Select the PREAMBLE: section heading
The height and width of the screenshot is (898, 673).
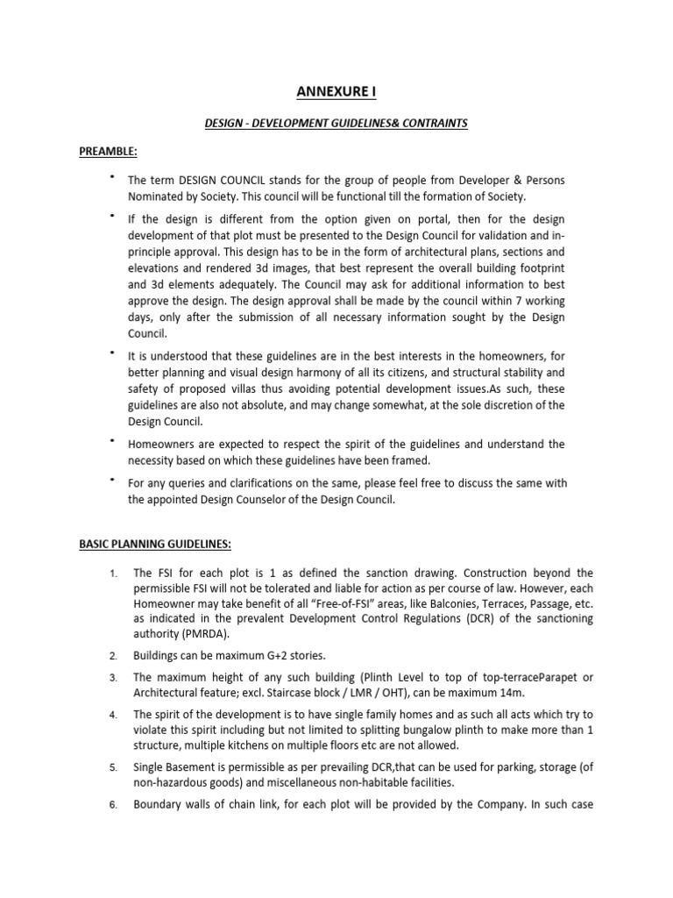coord(107,151)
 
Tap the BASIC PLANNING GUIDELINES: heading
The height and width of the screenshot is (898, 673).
coord(155,544)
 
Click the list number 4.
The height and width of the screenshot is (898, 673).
coord(113,716)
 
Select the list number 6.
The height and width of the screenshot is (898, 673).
coord(113,806)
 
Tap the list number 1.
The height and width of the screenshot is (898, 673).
coord(113,574)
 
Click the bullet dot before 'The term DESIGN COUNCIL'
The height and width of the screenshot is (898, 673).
coord(111,177)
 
